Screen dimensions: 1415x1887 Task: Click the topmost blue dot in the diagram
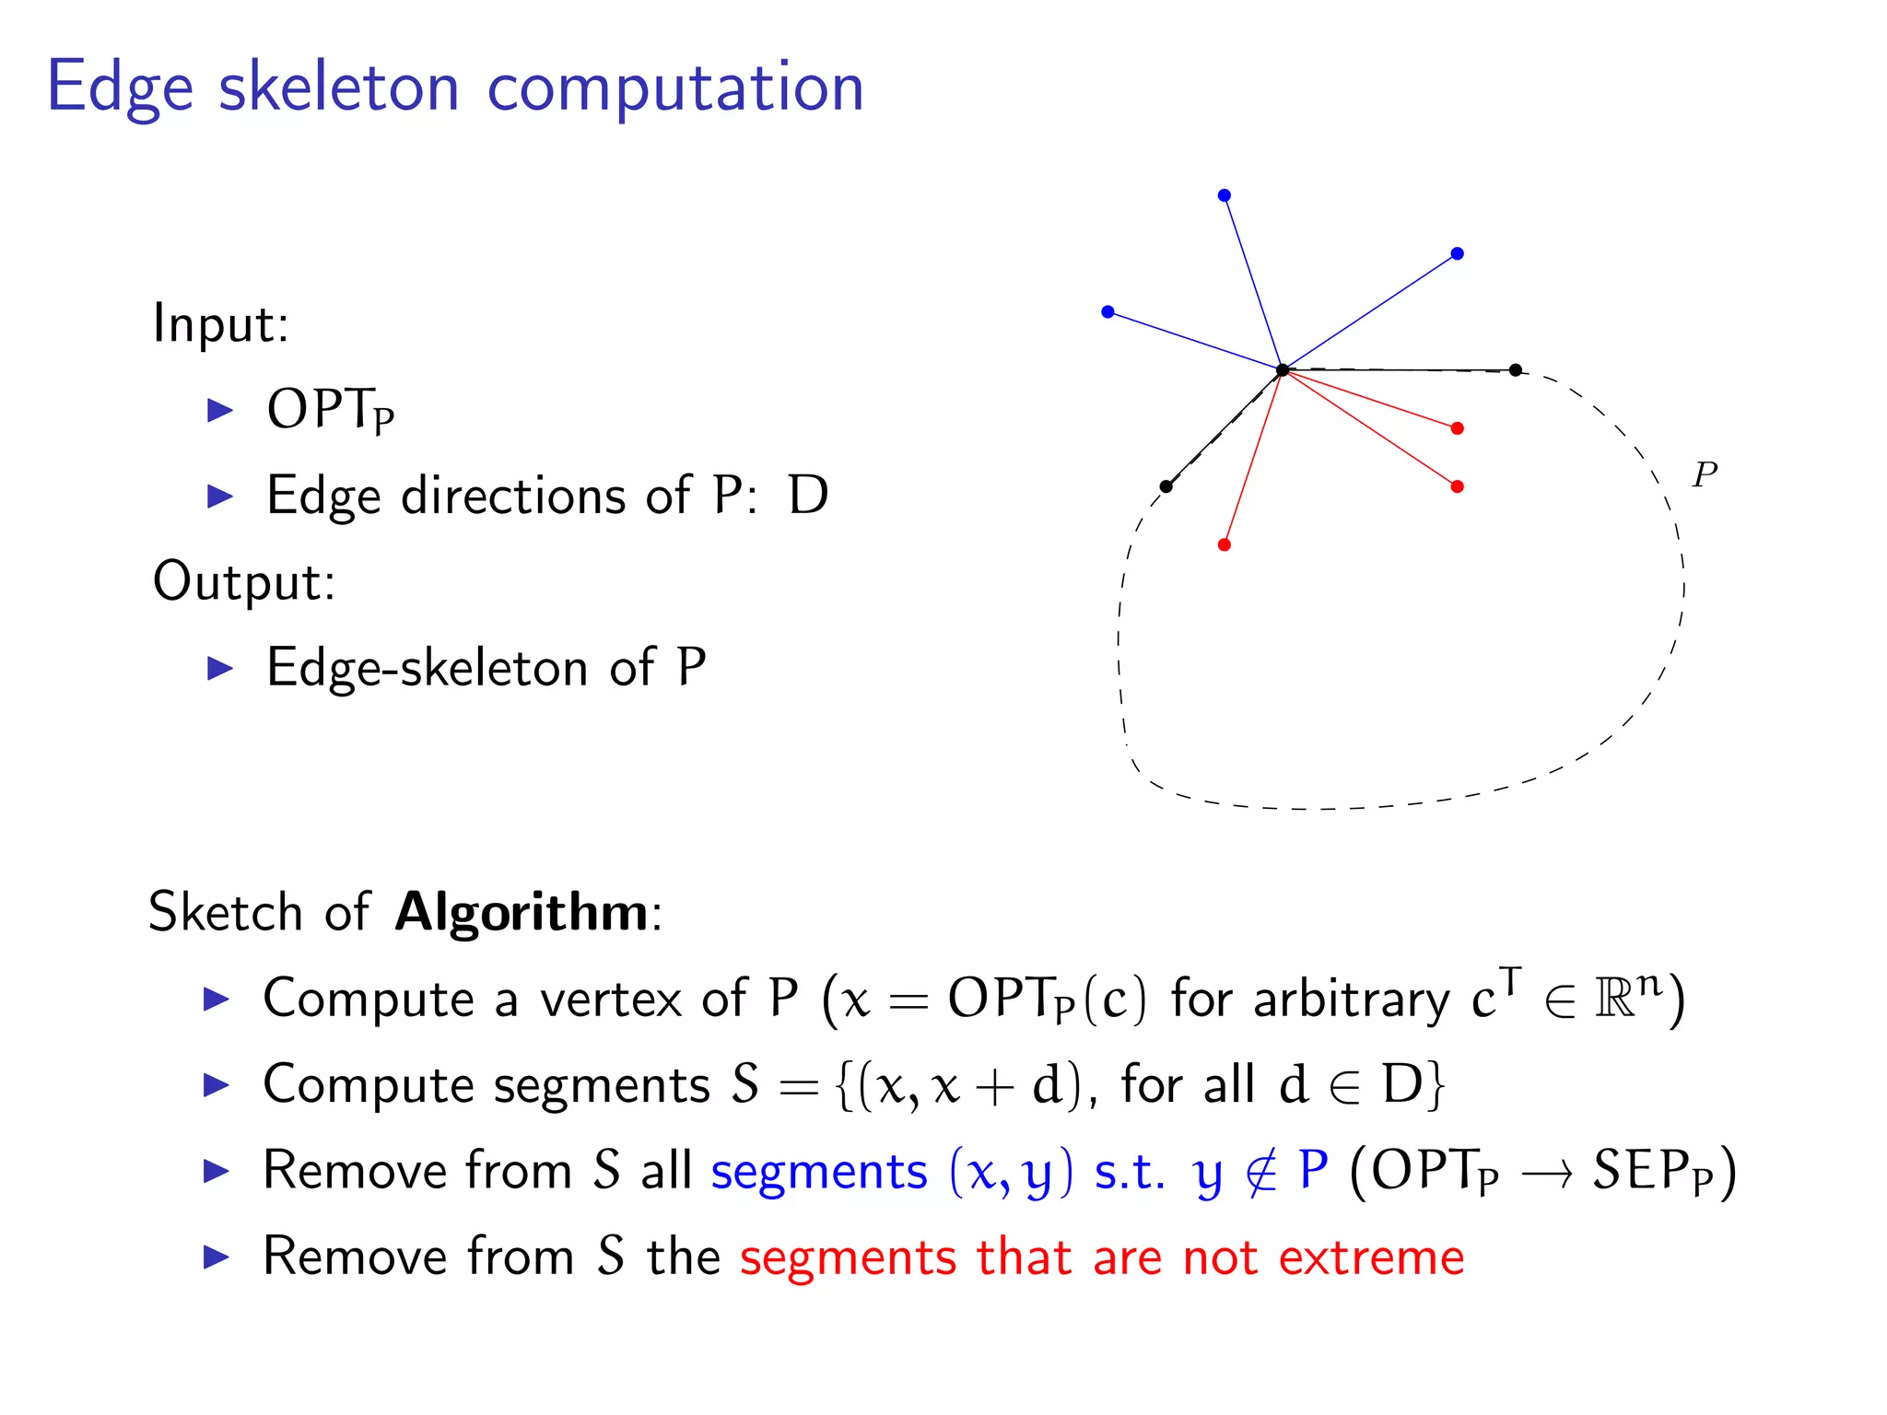point(1224,195)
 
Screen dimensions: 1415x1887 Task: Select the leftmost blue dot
point(1108,312)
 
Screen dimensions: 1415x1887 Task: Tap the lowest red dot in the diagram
point(1224,544)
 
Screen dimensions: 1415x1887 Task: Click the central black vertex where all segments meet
point(1282,370)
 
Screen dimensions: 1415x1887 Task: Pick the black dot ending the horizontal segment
point(1515,370)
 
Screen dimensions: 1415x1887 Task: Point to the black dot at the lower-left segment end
point(1166,486)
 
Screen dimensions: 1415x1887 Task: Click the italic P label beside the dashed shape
point(1705,474)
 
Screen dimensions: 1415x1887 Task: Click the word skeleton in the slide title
point(338,88)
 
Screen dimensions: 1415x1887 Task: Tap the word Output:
point(244,582)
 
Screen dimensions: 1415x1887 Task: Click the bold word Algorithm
point(522,913)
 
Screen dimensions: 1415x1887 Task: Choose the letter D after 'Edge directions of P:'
point(808,496)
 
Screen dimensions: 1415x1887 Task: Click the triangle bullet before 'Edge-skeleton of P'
point(220,668)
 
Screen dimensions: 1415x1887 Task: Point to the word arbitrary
point(1352,1000)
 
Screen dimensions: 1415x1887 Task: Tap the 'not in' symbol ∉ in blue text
point(1260,1173)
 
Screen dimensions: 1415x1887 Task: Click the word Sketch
point(227,913)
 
